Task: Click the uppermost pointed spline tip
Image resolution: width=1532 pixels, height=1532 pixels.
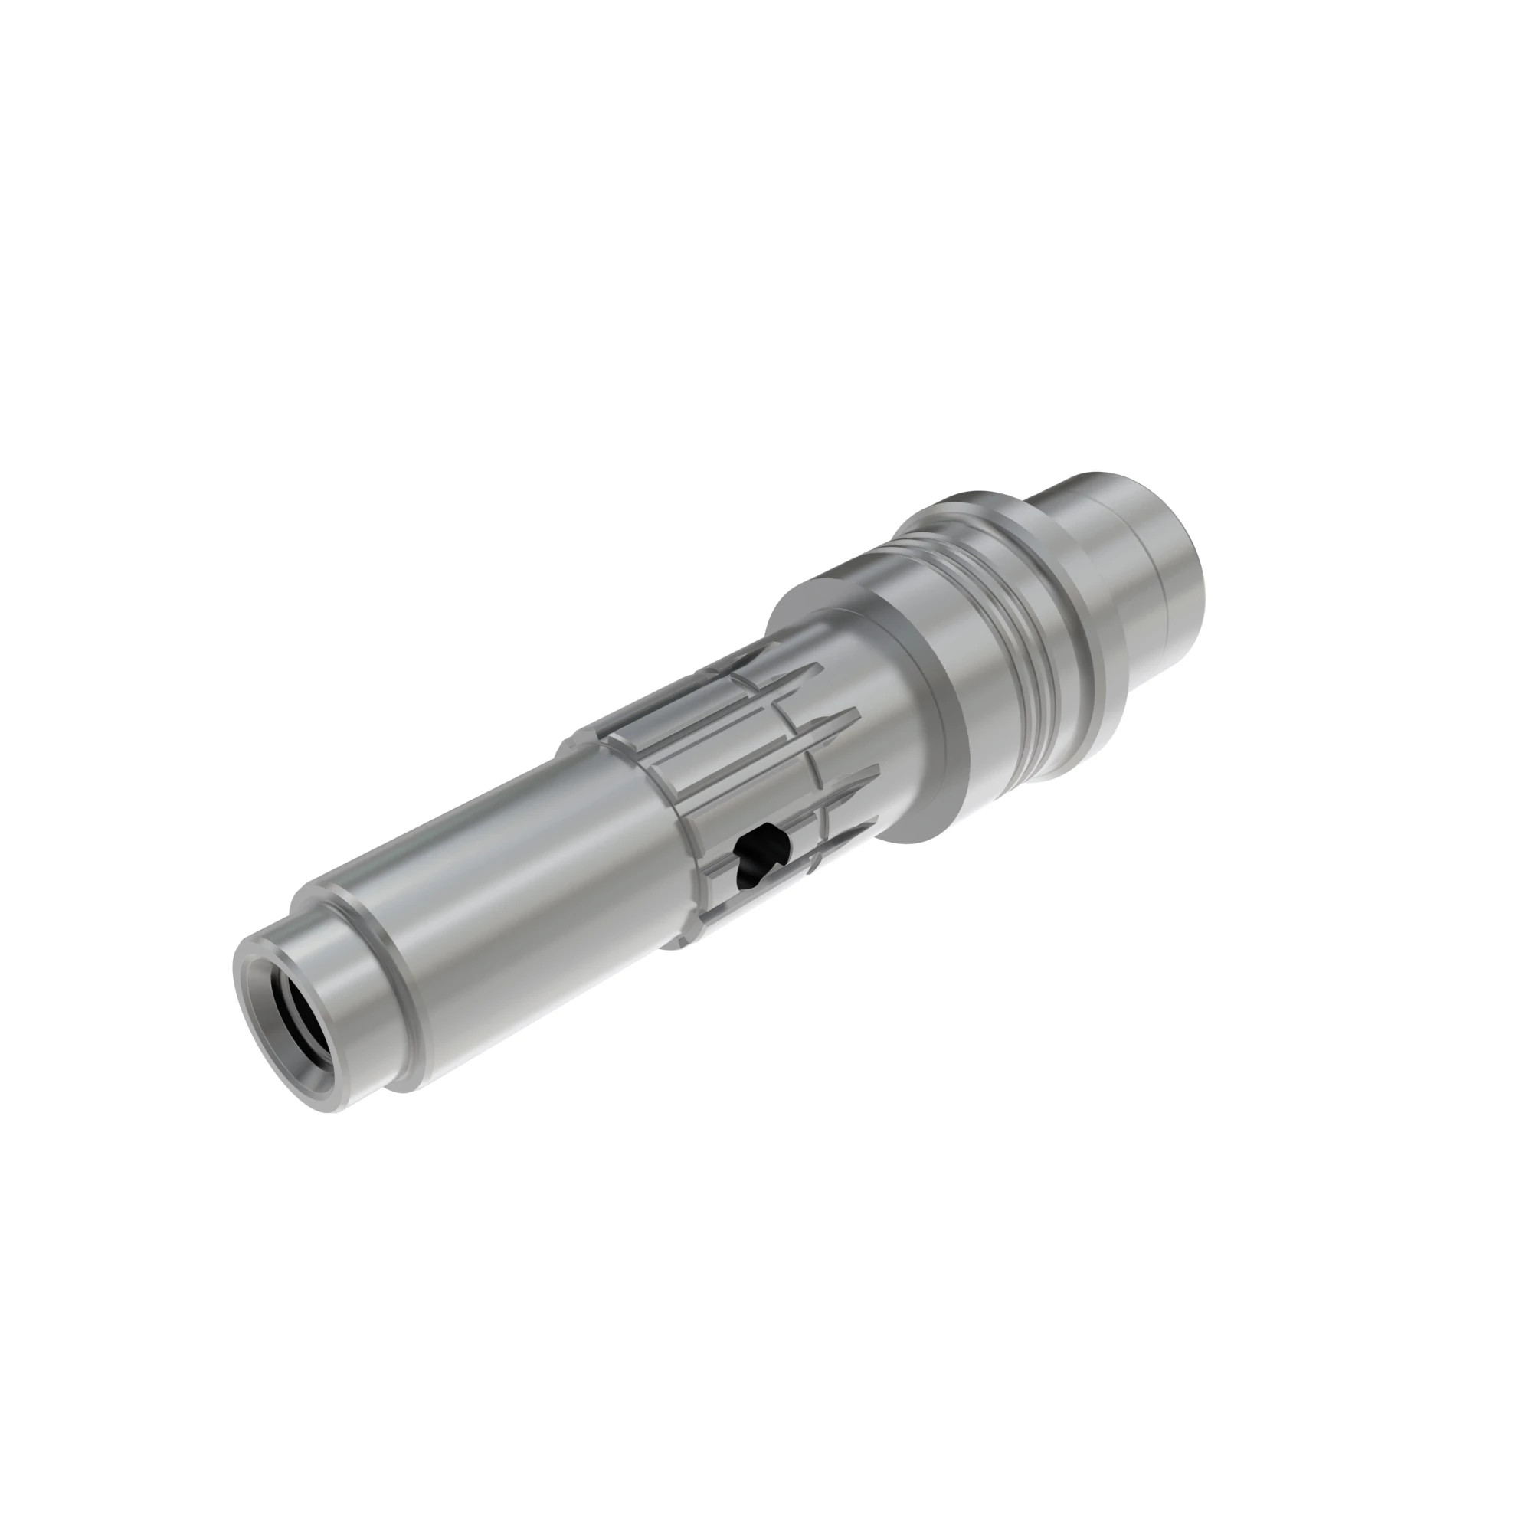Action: click(x=741, y=652)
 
